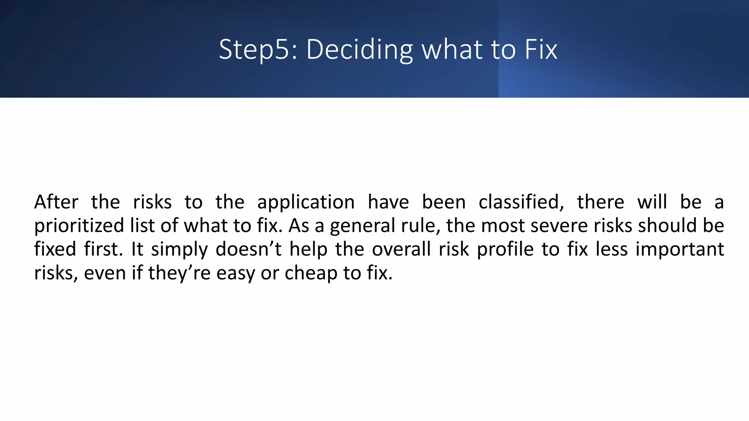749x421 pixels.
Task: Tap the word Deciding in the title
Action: (x=360, y=50)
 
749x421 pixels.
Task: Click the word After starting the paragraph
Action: (x=56, y=202)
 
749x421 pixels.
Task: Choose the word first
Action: (x=103, y=249)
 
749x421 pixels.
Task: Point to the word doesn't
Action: (x=248, y=249)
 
